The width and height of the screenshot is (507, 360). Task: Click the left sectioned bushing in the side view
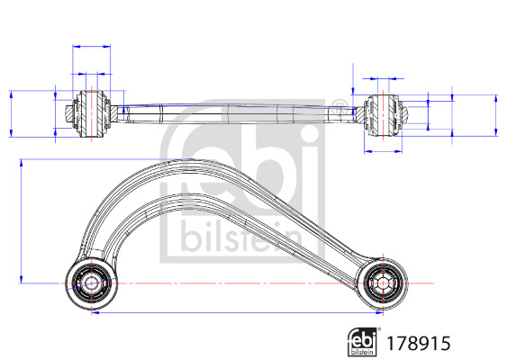(x=91, y=113)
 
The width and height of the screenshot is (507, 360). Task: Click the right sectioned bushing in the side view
(x=385, y=113)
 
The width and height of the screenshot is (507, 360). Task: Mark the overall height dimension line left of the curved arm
(x=22, y=221)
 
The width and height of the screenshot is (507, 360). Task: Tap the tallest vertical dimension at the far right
(x=496, y=113)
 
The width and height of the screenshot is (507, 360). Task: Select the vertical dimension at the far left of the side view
(x=10, y=113)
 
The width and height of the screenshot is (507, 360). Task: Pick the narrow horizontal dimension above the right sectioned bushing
(x=385, y=80)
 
